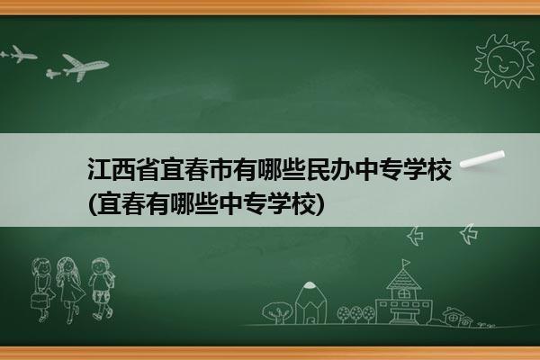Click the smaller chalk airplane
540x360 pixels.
[19, 54]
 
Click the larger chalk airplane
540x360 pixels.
[78, 67]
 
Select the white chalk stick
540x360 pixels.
[482, 159]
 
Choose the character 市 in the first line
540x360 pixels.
[221, 169]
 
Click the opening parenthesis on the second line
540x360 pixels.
[93, 204]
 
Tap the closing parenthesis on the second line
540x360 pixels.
[320, 204]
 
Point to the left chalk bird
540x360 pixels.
[415, 236]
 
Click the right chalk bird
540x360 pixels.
[469, 234]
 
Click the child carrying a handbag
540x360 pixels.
[42, 290]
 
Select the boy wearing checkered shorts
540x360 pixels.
[102, 288]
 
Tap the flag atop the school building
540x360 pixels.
[406, 263]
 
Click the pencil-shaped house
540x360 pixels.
[310, 302]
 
